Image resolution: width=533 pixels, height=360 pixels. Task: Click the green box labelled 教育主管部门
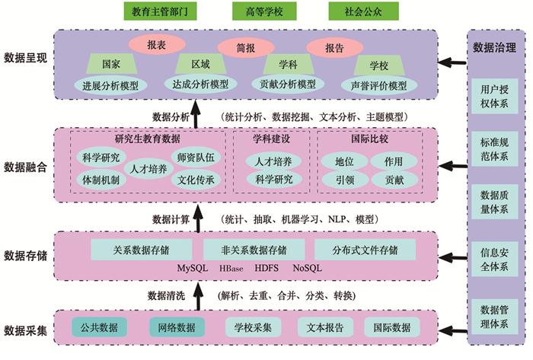click(x=160, y=11)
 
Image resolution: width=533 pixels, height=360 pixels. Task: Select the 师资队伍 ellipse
click(x=196, y=158)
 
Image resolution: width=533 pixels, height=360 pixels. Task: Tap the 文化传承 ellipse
click(x=196, y=181)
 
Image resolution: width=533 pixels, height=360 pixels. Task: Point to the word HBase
click(x=231, y=269)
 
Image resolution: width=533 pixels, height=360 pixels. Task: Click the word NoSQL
click(x=307, y=269)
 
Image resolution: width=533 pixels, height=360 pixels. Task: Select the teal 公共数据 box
click(x=99, y=328)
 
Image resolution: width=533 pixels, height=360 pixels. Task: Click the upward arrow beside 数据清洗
click(x=196, y=293)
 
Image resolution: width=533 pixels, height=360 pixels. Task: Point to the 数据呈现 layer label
click(x=26, y=57)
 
